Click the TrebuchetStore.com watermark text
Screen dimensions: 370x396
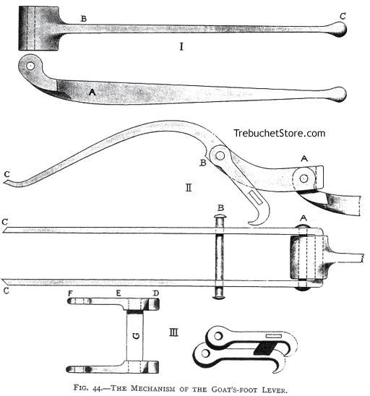coord(279,134)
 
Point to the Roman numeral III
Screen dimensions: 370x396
coord(174,333)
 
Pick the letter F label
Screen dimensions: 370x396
coord(71,295)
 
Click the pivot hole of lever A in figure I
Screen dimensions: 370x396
coord(31,66)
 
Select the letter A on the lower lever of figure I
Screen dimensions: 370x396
coord(91,92)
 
